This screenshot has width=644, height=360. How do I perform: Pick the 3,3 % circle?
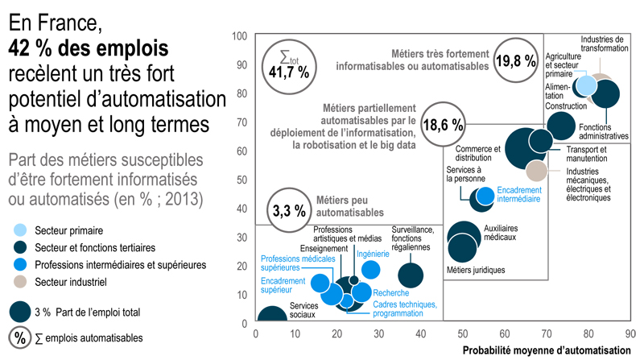(290, 211)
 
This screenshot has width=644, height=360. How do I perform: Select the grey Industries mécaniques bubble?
(537, 170)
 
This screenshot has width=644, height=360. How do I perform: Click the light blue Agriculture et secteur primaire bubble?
(584, 86)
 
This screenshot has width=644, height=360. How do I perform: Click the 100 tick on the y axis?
(239, 36)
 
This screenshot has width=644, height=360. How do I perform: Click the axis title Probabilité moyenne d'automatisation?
(547, 350)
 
